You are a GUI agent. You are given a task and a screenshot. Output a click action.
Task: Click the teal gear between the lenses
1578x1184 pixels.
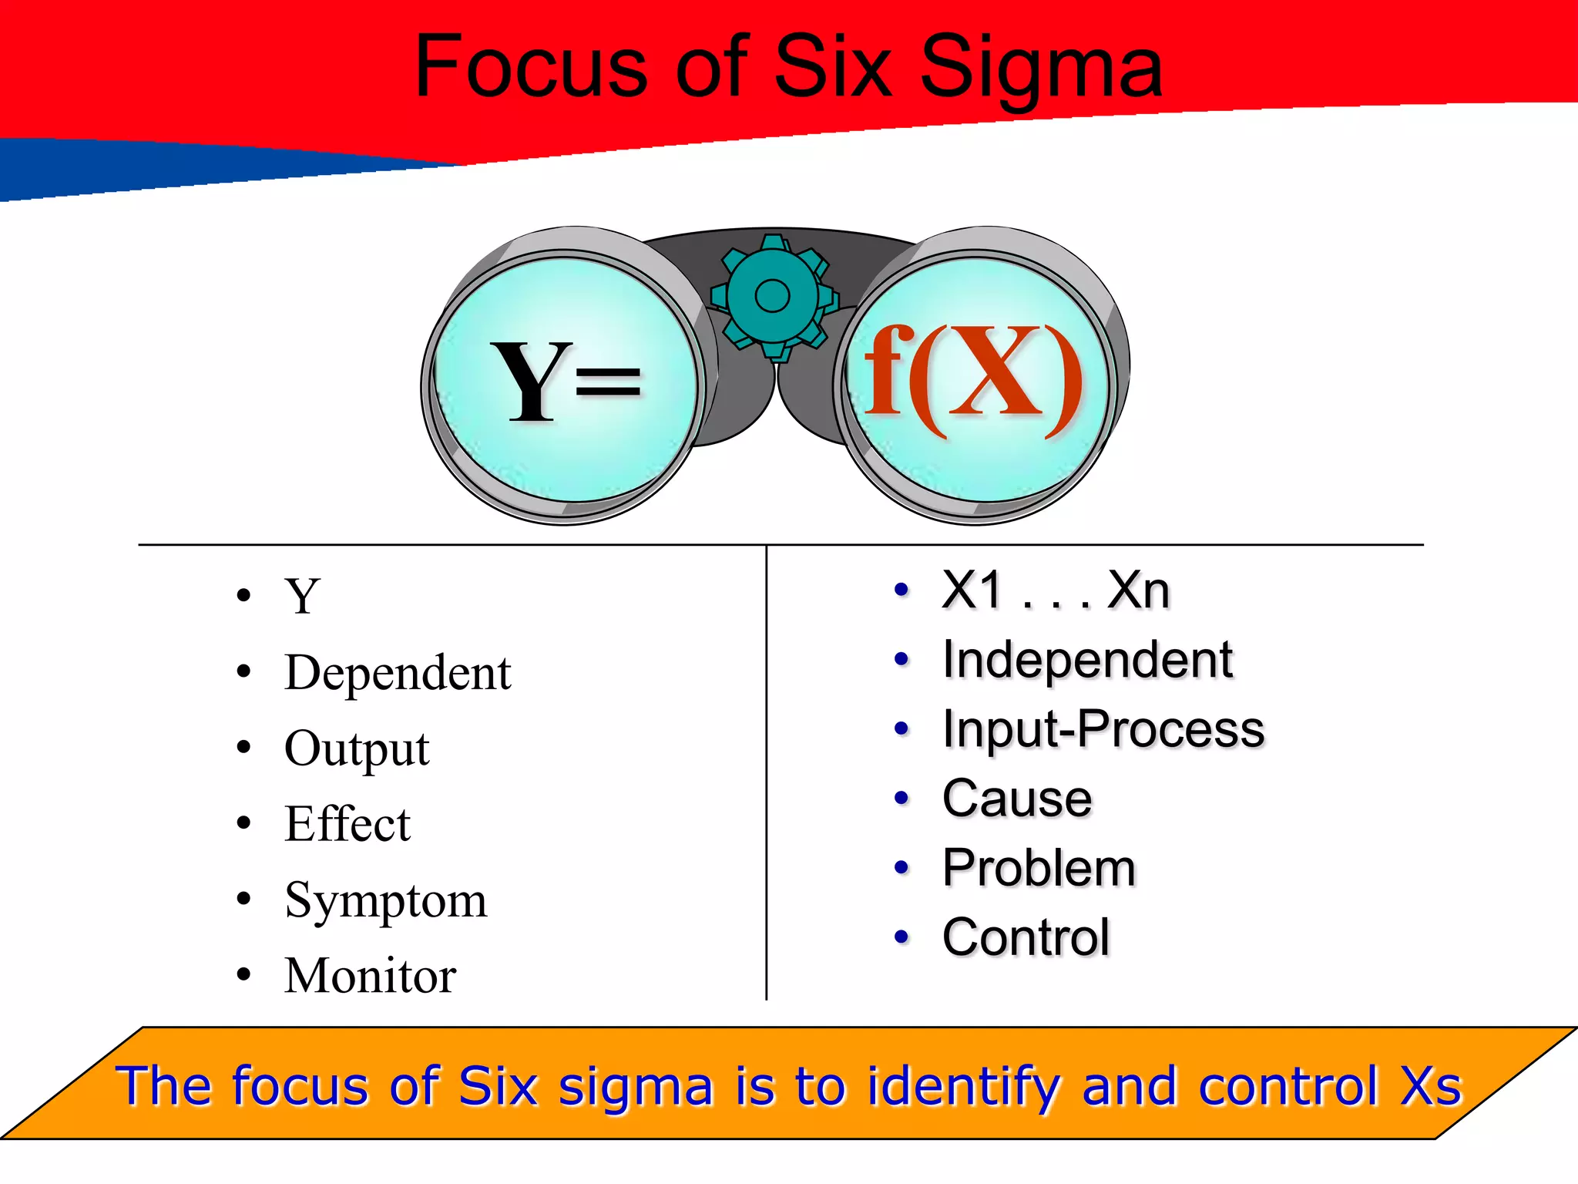(x=772, y=296)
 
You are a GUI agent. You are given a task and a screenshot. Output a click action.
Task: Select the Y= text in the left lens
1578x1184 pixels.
(x=566, y=381)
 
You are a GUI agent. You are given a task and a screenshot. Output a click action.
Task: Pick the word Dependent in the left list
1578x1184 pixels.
(x=397, y=673)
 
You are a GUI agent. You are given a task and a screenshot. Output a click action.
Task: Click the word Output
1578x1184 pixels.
(x=356, y=748)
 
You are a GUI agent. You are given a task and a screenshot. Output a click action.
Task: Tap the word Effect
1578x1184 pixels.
(x=347, y=824)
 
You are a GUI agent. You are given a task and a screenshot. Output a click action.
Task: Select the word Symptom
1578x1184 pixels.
(x=385, y=900)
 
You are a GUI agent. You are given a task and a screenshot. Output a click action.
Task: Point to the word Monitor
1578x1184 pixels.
(x=370, y=976)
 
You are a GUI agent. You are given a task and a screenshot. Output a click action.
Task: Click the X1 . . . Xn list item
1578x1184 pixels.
(x=1056, y=591)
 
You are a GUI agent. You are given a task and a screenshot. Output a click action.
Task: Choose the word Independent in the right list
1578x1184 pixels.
(x=1087, y=661)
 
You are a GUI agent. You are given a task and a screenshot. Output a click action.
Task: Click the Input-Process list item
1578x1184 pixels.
(x=1103, y=729)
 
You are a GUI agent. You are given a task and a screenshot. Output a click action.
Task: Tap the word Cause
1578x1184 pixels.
(x=1016, y=799)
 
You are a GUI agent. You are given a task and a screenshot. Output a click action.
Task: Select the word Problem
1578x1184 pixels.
(x=1039, y=868)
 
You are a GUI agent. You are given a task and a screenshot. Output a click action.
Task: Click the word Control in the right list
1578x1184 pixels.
(x=1026, y=937)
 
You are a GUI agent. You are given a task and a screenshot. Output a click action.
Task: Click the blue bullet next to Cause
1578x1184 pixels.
(x=901, y=798)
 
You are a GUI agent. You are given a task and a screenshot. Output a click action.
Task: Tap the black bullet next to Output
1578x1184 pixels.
(x=244, y=747)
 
